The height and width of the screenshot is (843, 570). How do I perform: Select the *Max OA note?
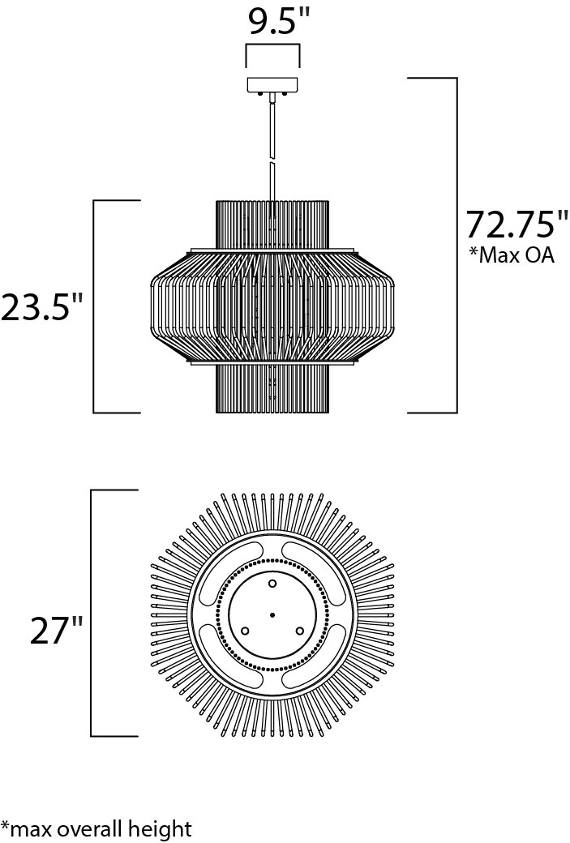coord(511,255)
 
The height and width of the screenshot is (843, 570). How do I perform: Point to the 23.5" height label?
coord(43,307)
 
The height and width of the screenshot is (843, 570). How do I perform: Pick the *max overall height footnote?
coord(96,828)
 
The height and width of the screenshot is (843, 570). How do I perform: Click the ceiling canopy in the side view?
coord(272,85)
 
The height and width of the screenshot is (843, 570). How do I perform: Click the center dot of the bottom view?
coord(272,614)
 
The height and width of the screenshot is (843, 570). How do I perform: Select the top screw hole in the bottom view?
coord(272,584)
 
